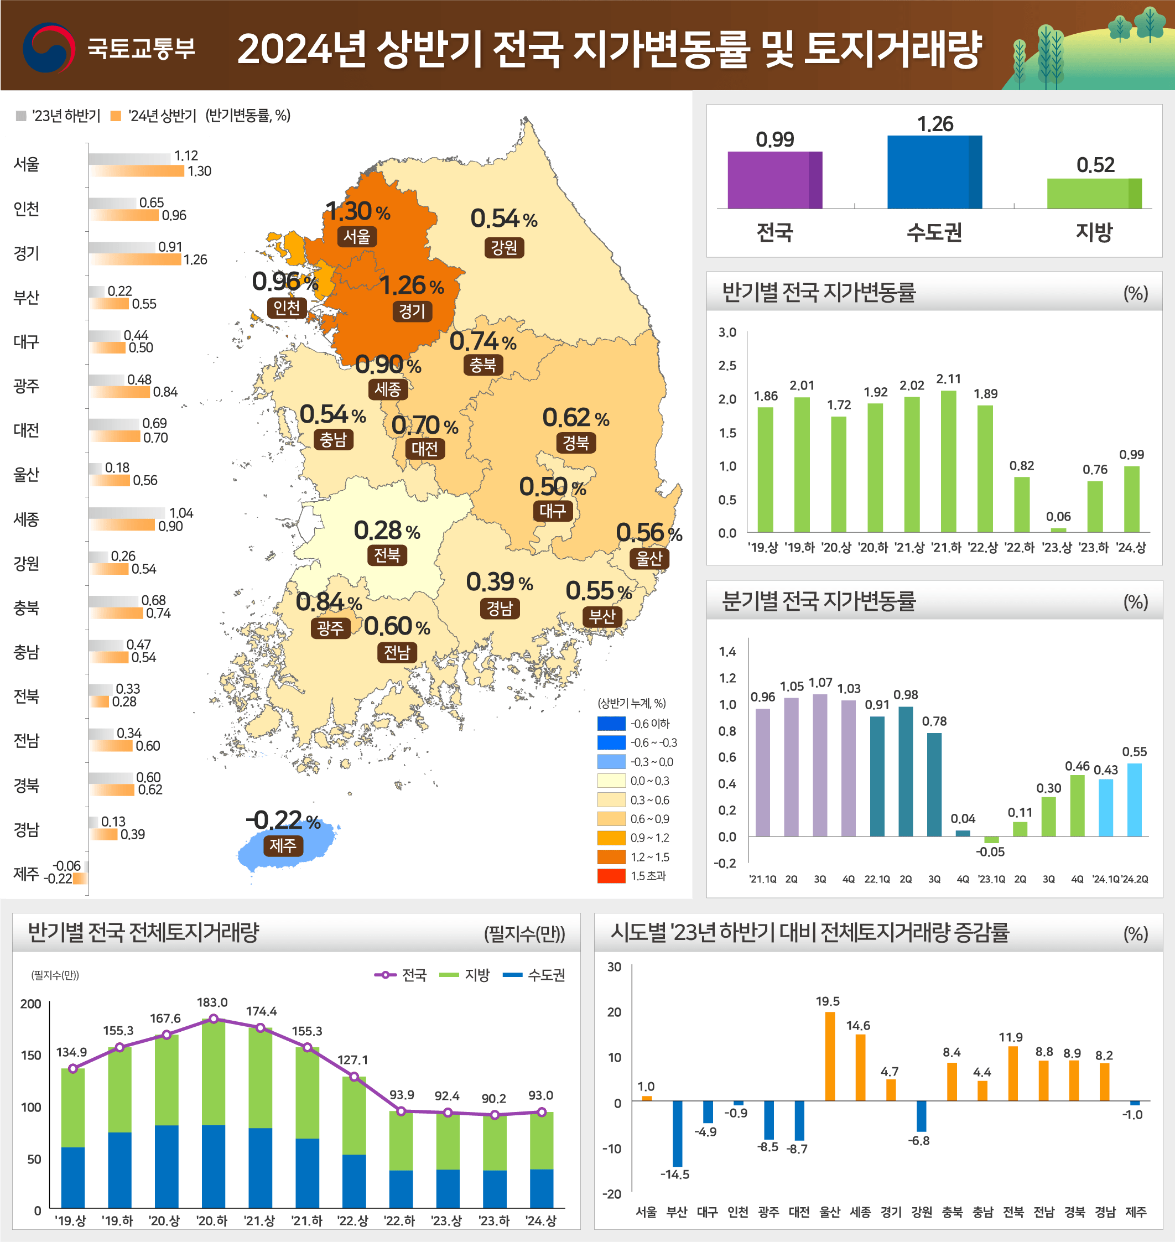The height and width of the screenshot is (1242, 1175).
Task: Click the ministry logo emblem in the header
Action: click(49, 48)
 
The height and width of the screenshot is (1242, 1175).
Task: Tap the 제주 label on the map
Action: click(283, 845)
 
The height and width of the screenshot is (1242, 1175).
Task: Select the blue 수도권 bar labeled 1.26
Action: click(934, 172)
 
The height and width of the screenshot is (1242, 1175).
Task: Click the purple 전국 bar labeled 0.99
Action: click(774, 180)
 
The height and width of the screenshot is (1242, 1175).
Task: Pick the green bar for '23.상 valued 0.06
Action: click(1058, 530)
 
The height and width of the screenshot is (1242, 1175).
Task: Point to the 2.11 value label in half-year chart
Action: click(948, 379)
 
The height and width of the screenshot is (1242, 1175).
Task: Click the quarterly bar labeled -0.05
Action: click(991, 839)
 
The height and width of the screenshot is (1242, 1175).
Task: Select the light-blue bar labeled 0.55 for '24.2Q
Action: click(1134, 799)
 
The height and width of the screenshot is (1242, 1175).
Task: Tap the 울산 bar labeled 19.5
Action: click(830, 1056)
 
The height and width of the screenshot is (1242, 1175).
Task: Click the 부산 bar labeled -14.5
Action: click(677, 1133)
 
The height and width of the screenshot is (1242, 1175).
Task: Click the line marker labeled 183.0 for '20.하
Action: click(214, 1019)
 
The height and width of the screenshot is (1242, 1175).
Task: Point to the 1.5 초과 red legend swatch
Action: click(611, 876)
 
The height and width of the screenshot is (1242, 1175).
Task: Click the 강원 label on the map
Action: click(503, 247)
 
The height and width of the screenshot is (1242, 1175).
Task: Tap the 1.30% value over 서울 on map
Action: click(358, 211)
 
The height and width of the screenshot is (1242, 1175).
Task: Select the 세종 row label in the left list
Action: click(27, 519)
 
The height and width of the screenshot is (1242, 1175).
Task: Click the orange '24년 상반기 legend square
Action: click(115, 116)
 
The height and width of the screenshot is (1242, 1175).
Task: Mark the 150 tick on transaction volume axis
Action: click(32, 1056)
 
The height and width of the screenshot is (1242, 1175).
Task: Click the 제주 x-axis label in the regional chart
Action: click(1136, 1212)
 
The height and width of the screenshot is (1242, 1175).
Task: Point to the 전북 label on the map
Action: click(387, 555)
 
